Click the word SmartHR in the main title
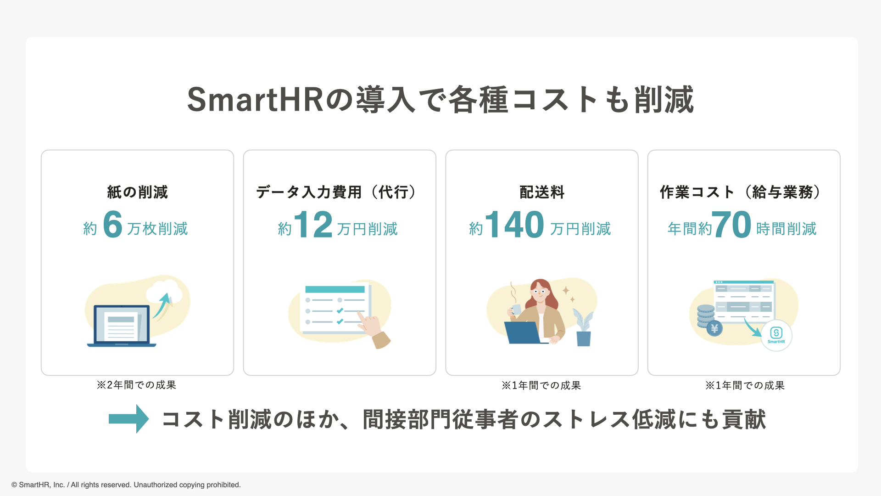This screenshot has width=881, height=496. pyautogui.click(x=255, y=100)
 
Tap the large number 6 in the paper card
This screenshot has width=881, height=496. pyautogui.click(x=112, y=225)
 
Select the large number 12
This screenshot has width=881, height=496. pyautogui.click(x=313, y=225)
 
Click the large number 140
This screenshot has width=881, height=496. pyautogui.click(x=514, y=225)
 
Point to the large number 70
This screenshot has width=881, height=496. pyautogui.click(x=731, y=225)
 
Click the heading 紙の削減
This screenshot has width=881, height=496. pyautogui.click(x=137, y=192)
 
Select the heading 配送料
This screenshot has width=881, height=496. pyautogui.click(x=542, y=192)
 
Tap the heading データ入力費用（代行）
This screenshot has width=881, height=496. pyautogui.click(x=337, y=192)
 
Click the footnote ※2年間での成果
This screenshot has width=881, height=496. pyautogui.click(x=136, y=385)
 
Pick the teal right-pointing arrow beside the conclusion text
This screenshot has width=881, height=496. pyautogui.click(x=128, y=418)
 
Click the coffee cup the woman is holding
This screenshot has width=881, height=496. pyautogui.click(x=516, y=310)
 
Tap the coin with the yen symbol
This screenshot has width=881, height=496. pyautogui.click(x=714, y=328)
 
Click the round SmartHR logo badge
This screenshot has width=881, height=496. pyautogui.click(x=776, y=335)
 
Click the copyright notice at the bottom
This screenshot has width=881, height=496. pyautogui.click(x=126, y=485)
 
